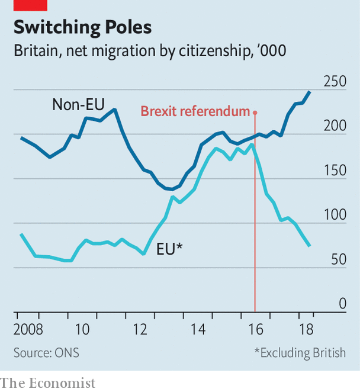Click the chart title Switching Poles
pyautogui.click(x=82, y=27)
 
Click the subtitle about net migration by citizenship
pyautogui.click(x=150, y=51)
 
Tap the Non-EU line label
pyautogui.click(x=78, y=105)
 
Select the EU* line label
pyautogui.click(x=169, y=249)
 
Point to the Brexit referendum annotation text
pyautogui.click(x=195, y=111)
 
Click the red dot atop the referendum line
pyautogui.click(x=255, y=112)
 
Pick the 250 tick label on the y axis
pyautogui.click(x=335, y=82)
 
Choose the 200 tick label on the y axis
pyautogui.click(x=335, y=127)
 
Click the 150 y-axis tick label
pyautogui.click(x=335, y=171)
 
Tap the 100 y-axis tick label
pyautogui.click(x=335, y=216)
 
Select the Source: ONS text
pyautogui.click(x=46, y=353)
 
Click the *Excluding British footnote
pyautogui.click(x=300, y=353)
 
